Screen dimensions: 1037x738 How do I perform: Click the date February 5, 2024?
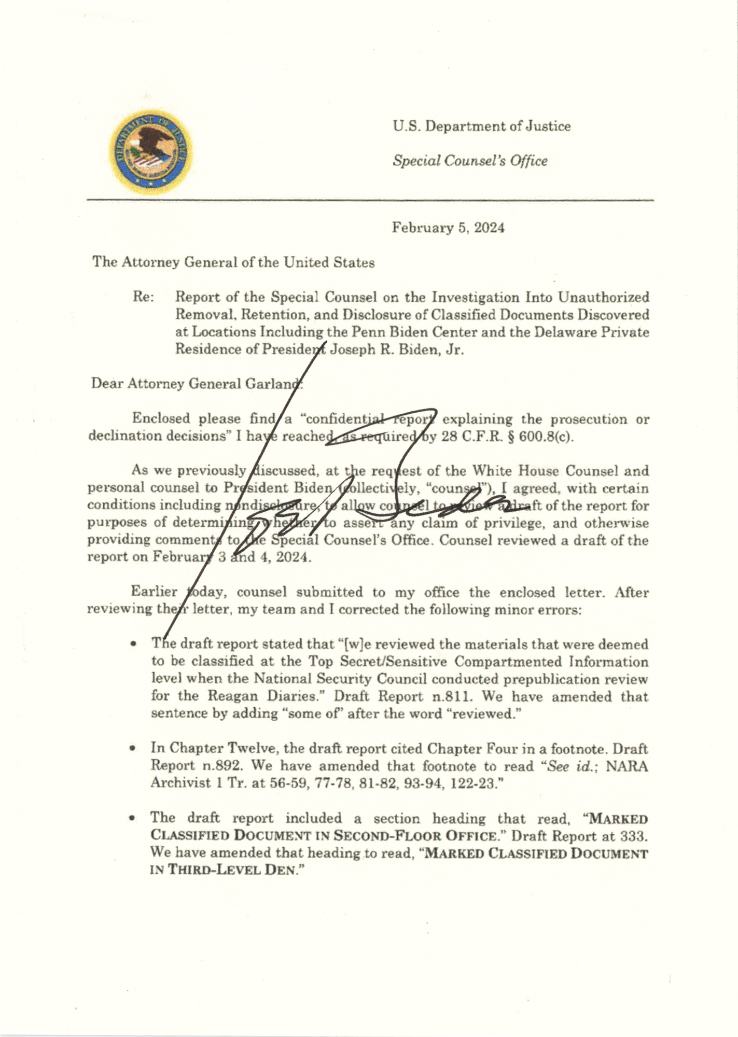point(448,228)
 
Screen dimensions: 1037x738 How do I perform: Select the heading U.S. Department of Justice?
point(481,126)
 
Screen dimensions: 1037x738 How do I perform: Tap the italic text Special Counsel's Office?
point(470,161)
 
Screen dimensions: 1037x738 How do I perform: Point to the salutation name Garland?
point(275,384)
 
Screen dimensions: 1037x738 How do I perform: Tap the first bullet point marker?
point(134,644)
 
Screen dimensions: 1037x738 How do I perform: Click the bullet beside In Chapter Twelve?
point(134,749)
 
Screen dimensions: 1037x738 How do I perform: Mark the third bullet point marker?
point(134,818)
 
